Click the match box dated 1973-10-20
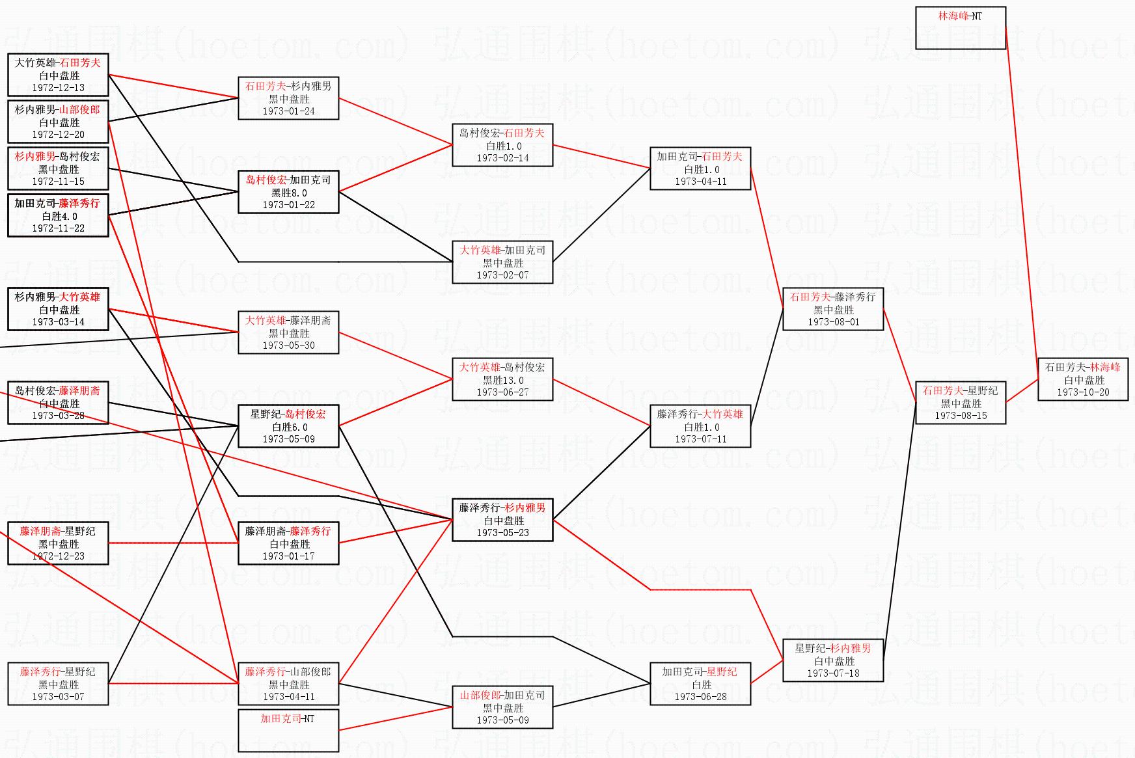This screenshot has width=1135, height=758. pos(1083,379)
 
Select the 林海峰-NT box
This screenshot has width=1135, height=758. pos(960,27)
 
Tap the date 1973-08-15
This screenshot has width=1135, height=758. pos(961,416)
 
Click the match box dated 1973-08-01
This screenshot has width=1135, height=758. pos(833,309)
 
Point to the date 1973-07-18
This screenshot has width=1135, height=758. pos(833,673)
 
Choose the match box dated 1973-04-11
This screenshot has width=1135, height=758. pos(700,169)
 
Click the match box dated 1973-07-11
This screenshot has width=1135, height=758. pos(700,426)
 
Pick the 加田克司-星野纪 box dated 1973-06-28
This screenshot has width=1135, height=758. pos(700,684)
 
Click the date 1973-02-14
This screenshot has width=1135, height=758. pos(502,158)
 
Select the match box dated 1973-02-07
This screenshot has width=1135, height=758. pos(502,262)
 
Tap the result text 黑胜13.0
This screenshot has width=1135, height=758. pos(502,380)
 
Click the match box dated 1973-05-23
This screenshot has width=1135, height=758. pos(502,520)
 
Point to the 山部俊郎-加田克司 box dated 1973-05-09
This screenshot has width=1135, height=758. pos(502,707)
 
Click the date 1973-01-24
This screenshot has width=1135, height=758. pos(288,111)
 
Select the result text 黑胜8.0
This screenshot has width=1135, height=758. pos(288,193)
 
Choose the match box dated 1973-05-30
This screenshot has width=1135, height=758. pos(288,332)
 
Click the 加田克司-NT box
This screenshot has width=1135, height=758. pos(288,730)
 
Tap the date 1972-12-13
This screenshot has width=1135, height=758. pos(58,88)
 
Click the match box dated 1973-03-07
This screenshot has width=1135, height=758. pos(58,684)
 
